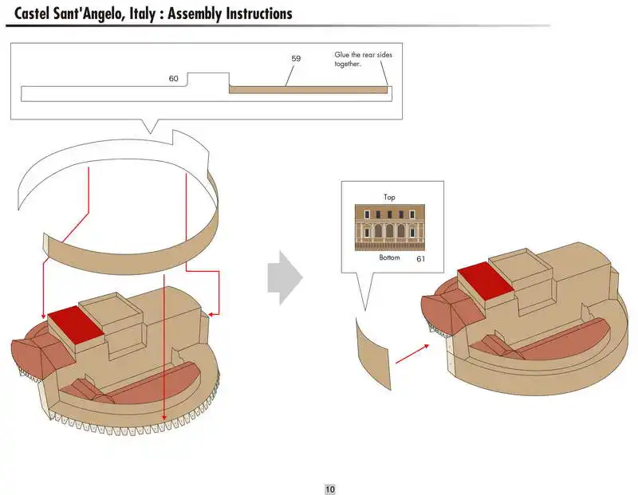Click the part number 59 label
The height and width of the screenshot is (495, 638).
click(x=296, y=59)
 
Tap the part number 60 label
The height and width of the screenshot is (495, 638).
click(x=174, y=79)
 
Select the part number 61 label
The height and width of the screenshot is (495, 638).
click(x=420, y=259)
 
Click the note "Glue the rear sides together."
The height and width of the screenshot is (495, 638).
click(x=363, y=59)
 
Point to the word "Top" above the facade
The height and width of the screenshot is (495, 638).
click(x=389, y=197)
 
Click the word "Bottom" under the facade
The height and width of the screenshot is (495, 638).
click(x=389, y=258)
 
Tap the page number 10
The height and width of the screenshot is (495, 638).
click(x=330, y=489)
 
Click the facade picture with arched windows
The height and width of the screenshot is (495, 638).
click(x=390, y=227)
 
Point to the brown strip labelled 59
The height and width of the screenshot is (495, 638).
click(x=308, y=89)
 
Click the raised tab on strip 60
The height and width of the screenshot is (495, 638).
click(x=207, y=80)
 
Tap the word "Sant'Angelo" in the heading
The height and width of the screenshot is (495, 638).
click(x=94, y=14)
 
